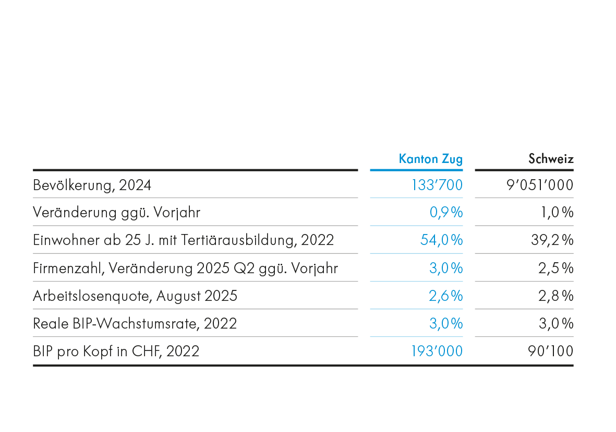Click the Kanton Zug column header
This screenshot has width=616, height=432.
pyautogui.click(x=430, y=159)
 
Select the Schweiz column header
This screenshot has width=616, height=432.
pyautogui.click(x=551, y=159)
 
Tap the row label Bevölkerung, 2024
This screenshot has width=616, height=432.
pyautogui.click(x=92, y=185)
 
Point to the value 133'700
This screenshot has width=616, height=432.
pyautogui.click(x=437, y=185)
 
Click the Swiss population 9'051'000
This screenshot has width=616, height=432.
pyautogui.click(x=539, y=185)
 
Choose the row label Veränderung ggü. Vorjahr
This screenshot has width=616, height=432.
pyautogui.click(x=116, y=213)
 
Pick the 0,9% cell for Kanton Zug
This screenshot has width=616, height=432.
pyautogui.click(x=446, y=213)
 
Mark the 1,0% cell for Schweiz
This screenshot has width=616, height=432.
pyautogui.click(x=556, y=213)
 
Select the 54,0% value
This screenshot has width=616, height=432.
pyautogui.click(x=441, y=240)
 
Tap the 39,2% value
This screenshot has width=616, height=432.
pyautogui.click(x=552, y=240)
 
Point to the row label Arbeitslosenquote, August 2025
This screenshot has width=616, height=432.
pyautogui.click(x=135, y=296)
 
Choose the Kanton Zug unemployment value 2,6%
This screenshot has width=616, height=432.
pyautogui.click(x=445, y=296)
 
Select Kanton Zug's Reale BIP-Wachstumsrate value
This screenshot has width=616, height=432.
pyautogui.click(x=445, y=324)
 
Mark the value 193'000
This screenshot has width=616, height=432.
pyautogui.click(x=437, y=352)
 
